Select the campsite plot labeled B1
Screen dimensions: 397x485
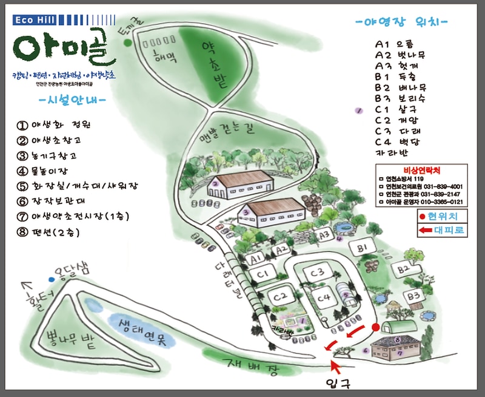click(x=363, y=248)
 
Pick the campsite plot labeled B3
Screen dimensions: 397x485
click(x=414, y=296)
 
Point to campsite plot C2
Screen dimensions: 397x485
click(x=279, y=297)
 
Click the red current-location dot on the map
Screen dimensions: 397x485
click(x=375, y=327)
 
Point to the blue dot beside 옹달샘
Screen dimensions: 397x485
click(x=52, y=279)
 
